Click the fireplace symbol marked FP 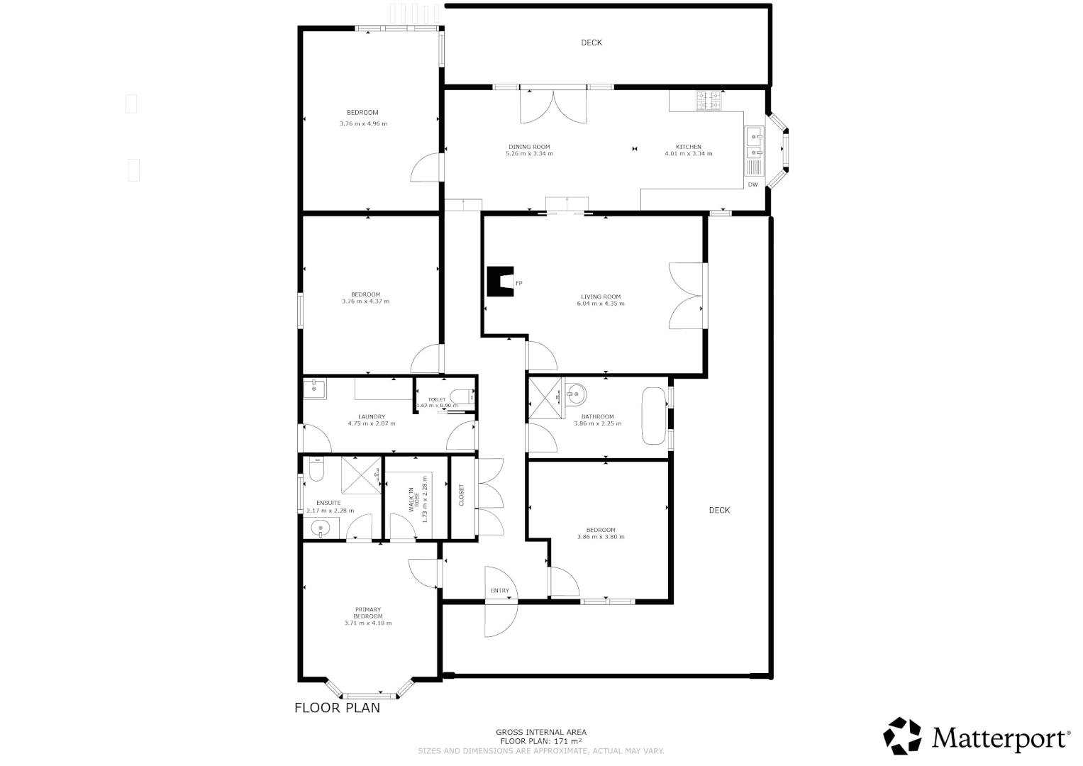click(x=501, y=282)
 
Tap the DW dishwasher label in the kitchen click(x=752, y=185)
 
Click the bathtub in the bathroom click(x=653, y=416)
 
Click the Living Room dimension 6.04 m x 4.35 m click(x=601, y=304)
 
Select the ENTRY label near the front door click(x=499, y=591)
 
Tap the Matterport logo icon click(x=902, y=736)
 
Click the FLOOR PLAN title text click(x=337, y=708)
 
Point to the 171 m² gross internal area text click(x=540, y=741)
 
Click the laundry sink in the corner click(x=314, y=389)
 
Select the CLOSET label click(x=462, y=494)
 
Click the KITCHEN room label click(x=688, y=147)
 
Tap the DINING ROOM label click(x=529, y=147)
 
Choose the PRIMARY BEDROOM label click(x=368, y=613)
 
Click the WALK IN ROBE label click(x=412, y=499)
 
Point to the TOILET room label click(x=437, y=399)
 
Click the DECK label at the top click(x=592, y=43)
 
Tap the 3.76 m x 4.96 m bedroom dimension click(x=363, y=123)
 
